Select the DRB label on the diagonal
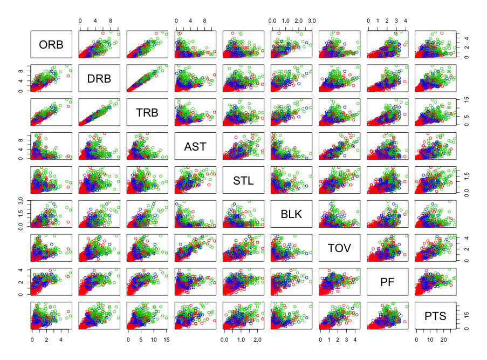(x=99, y=79)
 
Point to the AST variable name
(x=195, y=146)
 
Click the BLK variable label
(x=291, y=214)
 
